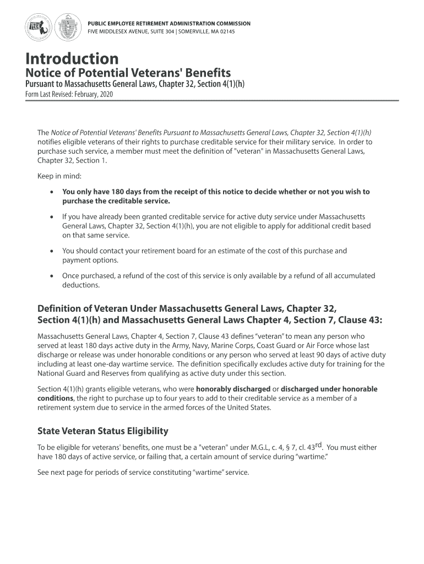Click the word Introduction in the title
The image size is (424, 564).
tap(72, 58)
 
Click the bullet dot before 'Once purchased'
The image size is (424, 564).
tap(51, 276)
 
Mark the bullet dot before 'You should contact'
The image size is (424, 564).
tap(51, 251)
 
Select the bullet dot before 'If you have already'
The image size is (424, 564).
tap(51, 217)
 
